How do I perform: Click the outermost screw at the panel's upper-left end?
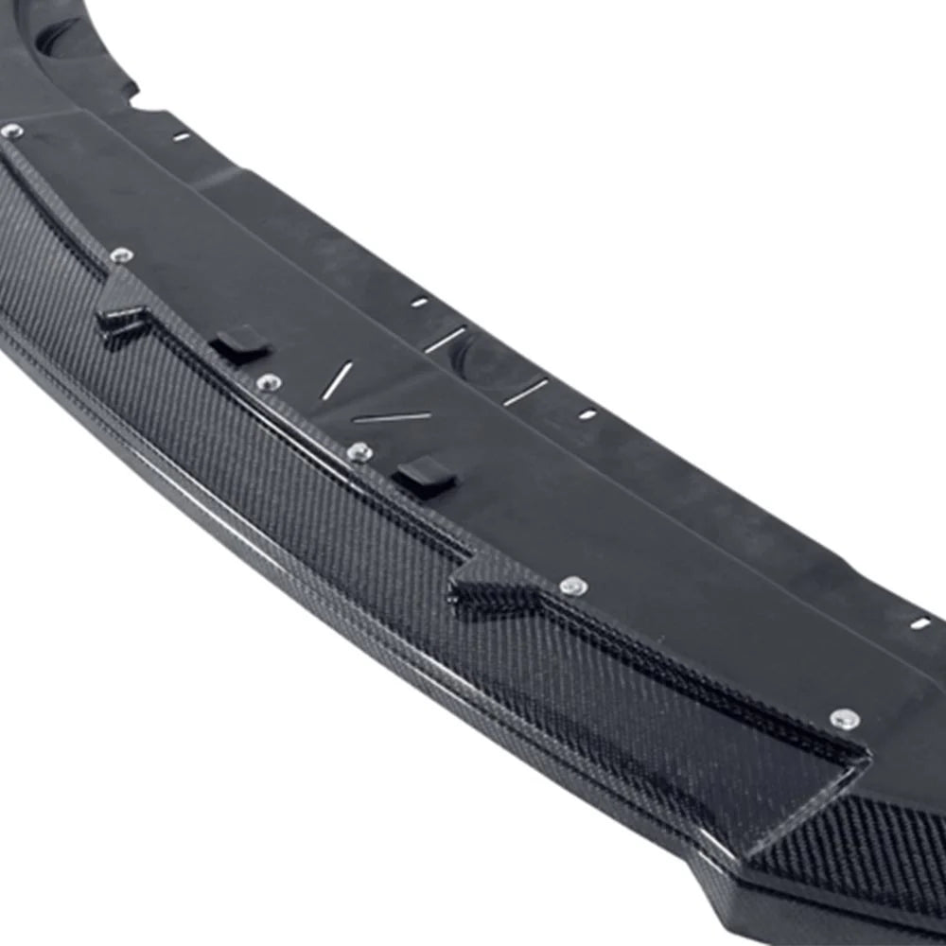12,131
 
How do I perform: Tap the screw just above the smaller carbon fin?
121,254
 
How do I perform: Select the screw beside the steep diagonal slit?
269,382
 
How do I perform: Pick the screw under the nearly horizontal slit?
359,452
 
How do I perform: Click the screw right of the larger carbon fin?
571,587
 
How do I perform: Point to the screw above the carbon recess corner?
845,719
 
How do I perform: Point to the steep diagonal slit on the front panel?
337,380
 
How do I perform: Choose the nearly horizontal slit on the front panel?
392,417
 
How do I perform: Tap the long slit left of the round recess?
445,340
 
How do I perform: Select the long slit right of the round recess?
526,392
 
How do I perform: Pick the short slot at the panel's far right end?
920,622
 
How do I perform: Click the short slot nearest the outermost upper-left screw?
181,136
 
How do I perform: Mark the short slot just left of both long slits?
418,303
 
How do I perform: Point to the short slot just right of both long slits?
587,413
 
